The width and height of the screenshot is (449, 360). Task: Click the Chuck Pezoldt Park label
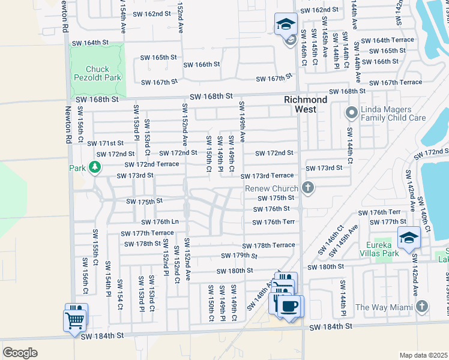tap(98, 73)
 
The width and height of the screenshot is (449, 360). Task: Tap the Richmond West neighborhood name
tap(306, 104)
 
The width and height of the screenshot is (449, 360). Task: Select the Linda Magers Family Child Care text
tap(393, 114)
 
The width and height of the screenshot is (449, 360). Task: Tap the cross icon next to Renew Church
tap(308, 189)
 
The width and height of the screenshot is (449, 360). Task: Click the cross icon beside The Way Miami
tap(423, 307)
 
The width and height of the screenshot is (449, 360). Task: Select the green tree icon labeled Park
tap(94, 167)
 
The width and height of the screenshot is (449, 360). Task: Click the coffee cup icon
tap(291, 307)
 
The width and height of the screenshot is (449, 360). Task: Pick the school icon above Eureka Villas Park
tap(408, 238)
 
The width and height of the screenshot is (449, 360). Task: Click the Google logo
tap(20, 352)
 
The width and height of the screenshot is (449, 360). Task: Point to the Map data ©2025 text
tap(423, 355)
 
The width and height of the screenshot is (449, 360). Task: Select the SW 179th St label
tap(237, 256)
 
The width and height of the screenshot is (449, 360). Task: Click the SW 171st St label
tap(105, 143)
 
